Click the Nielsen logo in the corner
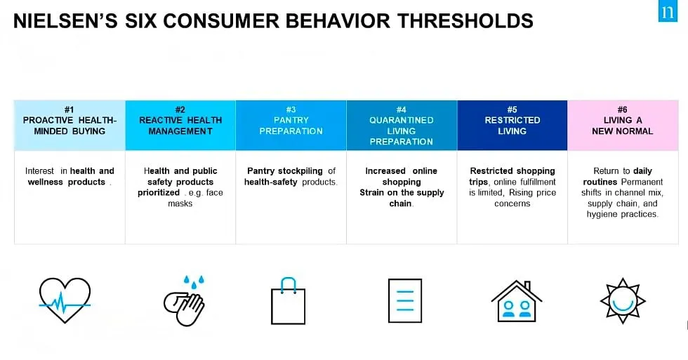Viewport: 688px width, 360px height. (668, 11)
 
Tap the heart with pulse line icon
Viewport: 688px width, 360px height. (65, 300)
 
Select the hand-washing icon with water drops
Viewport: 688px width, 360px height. (184, 301)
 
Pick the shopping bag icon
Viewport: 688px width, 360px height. (289, 301)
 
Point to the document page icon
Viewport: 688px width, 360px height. (405, 301)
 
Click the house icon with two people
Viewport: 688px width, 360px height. (517, 301)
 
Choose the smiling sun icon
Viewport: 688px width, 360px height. (623, 301)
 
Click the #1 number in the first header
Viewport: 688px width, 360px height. (70, 109)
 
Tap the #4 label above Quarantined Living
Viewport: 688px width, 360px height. (401, 109)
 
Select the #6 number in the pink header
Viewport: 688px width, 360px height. (622, 109)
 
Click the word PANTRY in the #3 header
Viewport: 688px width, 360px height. (291, 120)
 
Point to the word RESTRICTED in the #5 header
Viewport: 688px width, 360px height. (512, 120)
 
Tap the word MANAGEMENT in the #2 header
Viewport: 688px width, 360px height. (180, 131)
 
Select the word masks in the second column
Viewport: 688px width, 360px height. (180, 204)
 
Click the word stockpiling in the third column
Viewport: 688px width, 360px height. (300, 171)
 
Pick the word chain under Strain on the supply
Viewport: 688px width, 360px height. (401, 204)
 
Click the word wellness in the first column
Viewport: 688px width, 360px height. (45, 182)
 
